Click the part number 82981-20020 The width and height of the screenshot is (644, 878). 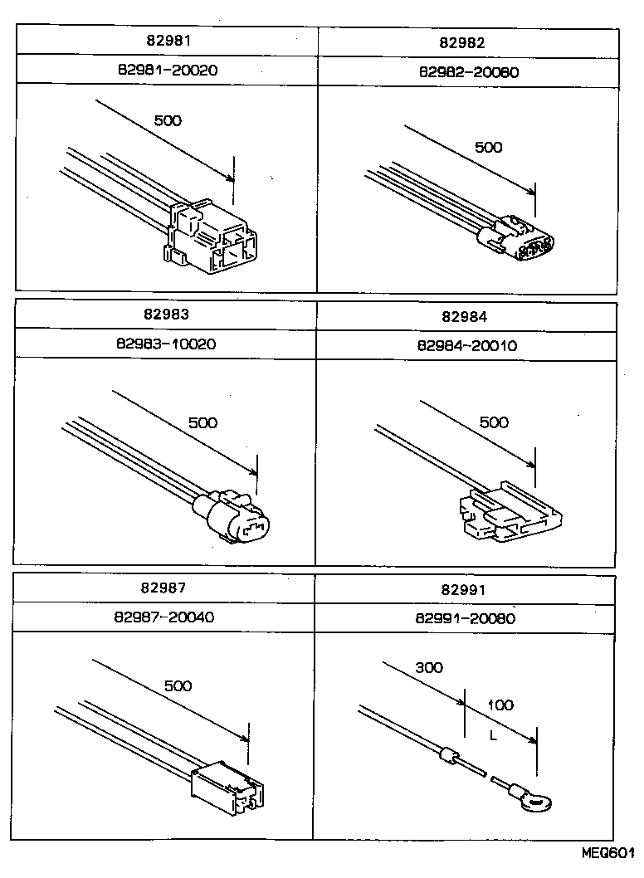coord(167,71)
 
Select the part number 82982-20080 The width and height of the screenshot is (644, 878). coord(469,71)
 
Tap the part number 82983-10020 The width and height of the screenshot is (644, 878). coord(167,344)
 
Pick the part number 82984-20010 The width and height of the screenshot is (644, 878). coord(468,345)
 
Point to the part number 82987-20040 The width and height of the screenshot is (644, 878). coord(166,617)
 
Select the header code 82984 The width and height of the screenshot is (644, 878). coord(465,317)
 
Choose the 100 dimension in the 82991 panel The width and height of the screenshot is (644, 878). coord(500,705)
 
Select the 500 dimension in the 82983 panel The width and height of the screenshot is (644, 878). coord(202,422)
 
